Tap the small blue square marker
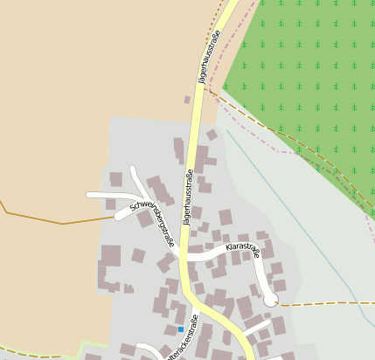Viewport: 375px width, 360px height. tap(181, 329)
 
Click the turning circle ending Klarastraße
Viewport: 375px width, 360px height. tap(271, 300)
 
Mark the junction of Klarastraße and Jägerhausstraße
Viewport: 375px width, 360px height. tap(184, 259)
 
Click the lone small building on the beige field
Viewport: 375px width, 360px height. tap(187, 100)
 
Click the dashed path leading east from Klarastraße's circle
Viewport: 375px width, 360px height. tap(323, 303)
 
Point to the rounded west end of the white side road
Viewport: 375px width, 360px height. tap(90, 195)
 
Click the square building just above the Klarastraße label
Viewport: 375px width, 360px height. tap(226, 217)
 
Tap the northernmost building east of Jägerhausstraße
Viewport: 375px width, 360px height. tap(212, 135)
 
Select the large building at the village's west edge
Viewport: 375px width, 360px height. tap(111, 257)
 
